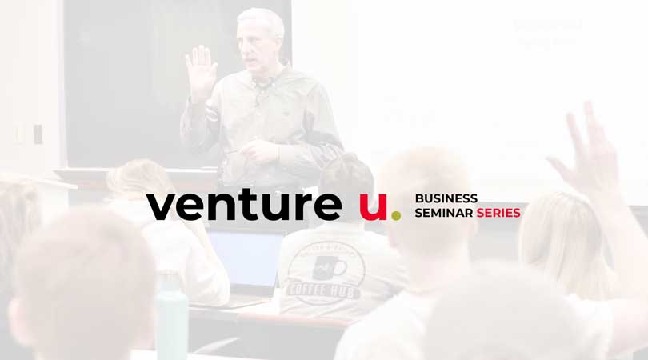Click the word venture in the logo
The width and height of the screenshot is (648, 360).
pos(244,206)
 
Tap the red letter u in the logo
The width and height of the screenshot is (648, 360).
pos(373,206)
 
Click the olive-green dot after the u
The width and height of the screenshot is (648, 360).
pos(396,216)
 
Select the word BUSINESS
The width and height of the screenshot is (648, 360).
pos(446,198)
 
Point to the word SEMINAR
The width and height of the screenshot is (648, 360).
pos(444,213)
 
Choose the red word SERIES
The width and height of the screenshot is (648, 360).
pos(498,213)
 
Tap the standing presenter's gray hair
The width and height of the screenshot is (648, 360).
pos(261,21)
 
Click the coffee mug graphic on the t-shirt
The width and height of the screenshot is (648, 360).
pos(329,267)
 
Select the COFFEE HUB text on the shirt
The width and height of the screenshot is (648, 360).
pos(323,290)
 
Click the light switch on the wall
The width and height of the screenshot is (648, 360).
pos(38,134)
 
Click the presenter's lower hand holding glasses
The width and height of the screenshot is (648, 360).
pos(259,151)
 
